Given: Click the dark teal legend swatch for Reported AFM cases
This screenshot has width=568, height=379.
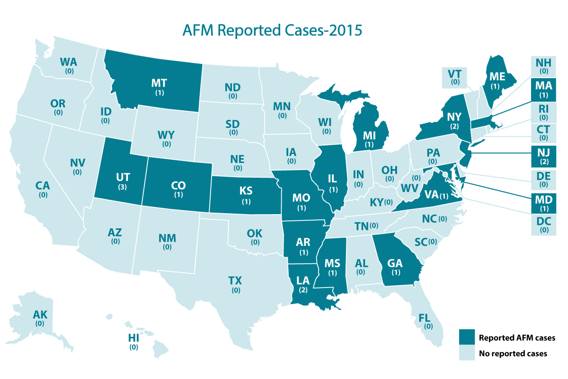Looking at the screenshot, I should (466, 338).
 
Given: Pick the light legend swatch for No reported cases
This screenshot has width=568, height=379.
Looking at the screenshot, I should (466, 353).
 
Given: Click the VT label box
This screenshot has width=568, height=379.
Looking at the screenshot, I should (455, 77).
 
